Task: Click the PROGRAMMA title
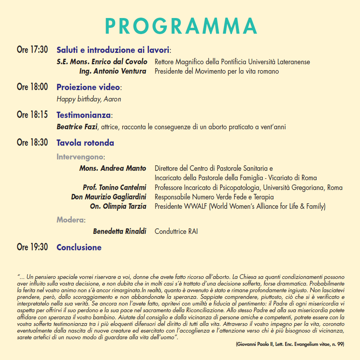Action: (181, 26)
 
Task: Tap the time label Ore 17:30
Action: (32, 50)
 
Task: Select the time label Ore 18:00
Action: (32, 87)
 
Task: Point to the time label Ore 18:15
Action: (32, 115)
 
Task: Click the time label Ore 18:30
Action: (32, 143)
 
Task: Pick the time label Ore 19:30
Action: (32, 247)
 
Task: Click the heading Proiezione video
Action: (89, 87)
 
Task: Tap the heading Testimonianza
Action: (84, 115)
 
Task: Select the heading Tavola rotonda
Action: (85, 143)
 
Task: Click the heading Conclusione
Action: (79, 247)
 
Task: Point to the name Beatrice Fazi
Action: (76, 127)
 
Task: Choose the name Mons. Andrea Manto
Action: (113, 168)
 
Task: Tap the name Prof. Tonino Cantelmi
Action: (114, 188)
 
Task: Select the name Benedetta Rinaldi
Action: (119, 232)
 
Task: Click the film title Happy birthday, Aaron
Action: (89, 99)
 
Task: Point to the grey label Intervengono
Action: (80, 157)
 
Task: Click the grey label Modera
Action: (70, 220)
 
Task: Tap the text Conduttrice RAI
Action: (176, 232)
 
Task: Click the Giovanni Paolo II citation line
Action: (290, 344)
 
